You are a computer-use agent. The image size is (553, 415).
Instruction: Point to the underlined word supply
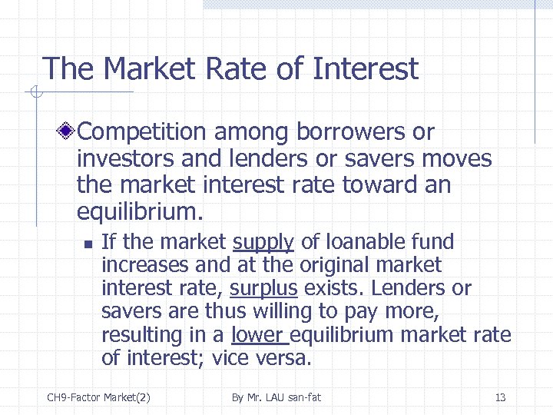click(263, 242)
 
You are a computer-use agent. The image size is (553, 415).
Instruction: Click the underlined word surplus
click(263, 289)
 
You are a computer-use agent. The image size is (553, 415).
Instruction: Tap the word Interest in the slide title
click(366, 69)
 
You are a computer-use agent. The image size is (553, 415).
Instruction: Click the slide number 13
click(500, 397)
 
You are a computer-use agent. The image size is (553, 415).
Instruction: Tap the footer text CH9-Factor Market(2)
click(98, 397)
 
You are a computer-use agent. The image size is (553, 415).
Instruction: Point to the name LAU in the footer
click(280, 397)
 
